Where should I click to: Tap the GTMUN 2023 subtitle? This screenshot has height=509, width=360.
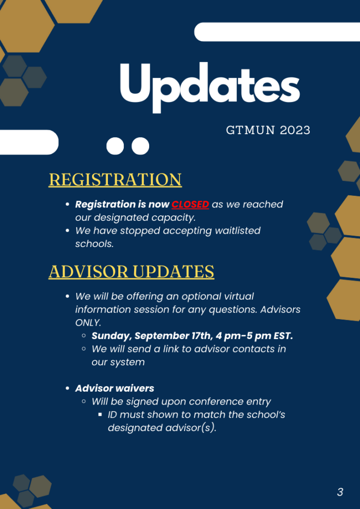tap(268, 130)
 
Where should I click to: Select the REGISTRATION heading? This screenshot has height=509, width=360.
tap(115, 179)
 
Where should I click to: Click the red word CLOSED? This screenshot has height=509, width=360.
tap(190, 204)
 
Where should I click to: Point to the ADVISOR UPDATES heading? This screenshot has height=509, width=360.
tap(131, 271)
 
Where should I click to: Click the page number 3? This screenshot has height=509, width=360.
tap(340, 492)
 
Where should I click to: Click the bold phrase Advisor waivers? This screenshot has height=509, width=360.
tap(114, 388)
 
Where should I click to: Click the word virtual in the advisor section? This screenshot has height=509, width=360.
tap(239, 296)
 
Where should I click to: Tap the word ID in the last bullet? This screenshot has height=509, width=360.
tap(113, 415)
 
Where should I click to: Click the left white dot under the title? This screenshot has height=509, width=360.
tap(115, 146)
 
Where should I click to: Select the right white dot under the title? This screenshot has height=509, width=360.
tap(140, 146)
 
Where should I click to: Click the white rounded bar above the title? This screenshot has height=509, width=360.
tap(277, 32)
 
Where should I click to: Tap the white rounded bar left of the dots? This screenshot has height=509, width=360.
tap(29, 142)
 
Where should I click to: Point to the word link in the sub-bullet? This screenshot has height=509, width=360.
tap(206, 349)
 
